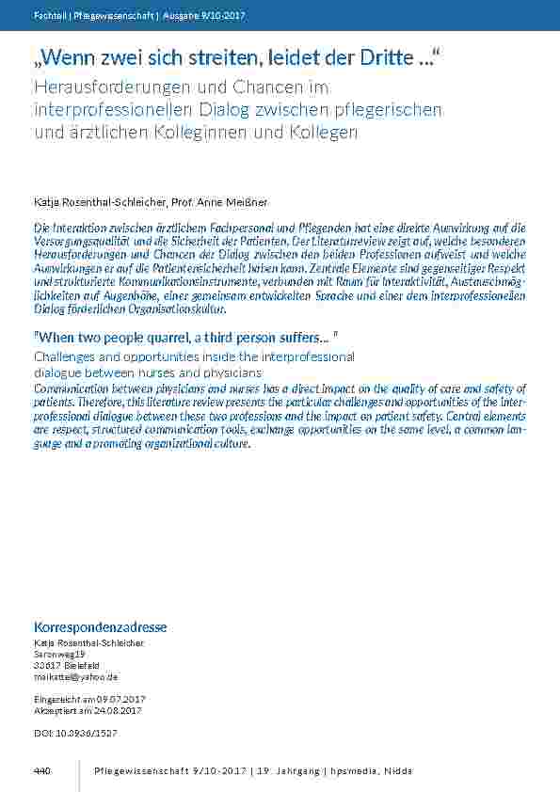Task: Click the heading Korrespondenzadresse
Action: (101, 627)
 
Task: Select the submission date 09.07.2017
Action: (126, 701)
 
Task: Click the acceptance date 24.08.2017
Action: (127, 711)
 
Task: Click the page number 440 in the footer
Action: (41, 771)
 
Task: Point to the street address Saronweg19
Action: (60, 654)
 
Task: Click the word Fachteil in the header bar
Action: (48, 15)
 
